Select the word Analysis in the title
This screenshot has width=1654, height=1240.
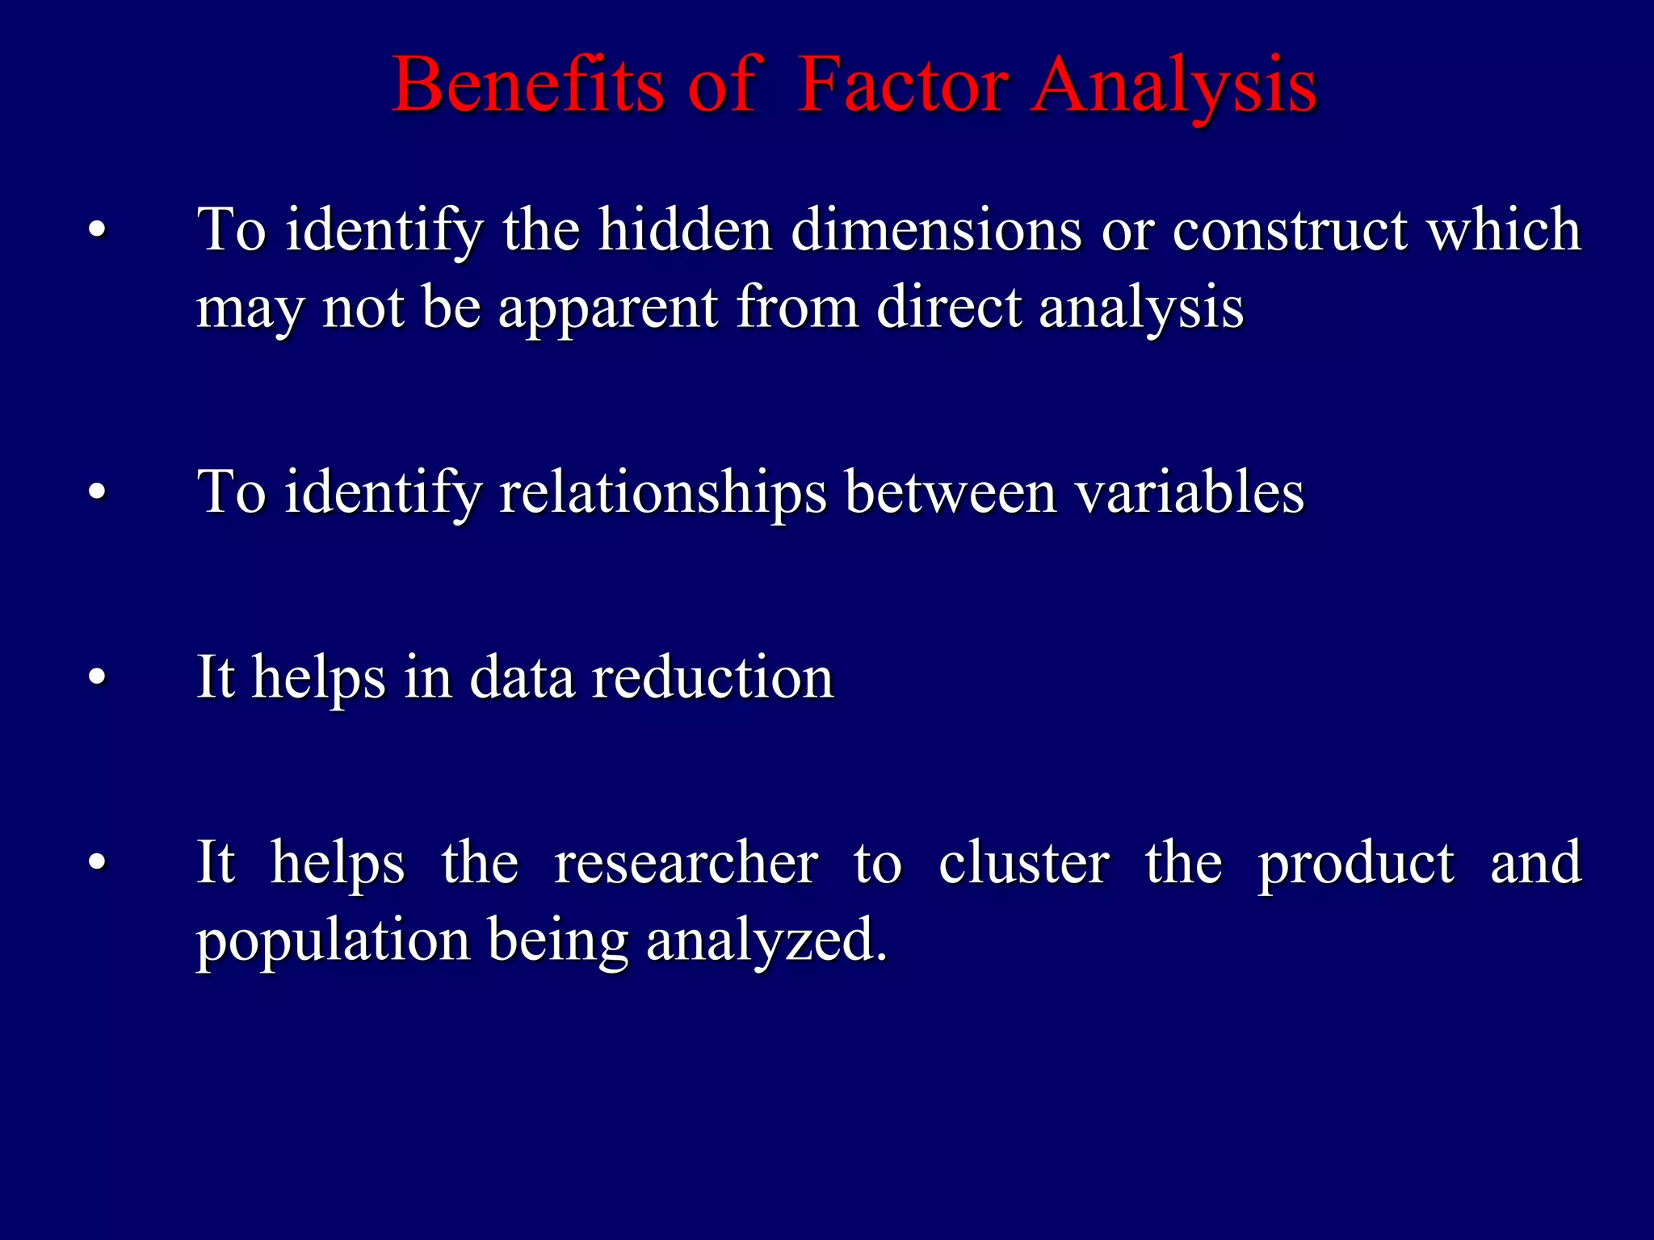[x=1174, y=87]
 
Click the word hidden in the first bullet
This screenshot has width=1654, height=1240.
[x=685, y=230]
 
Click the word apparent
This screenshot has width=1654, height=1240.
[x=607, y=309]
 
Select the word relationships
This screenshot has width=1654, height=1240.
[x=662, y=492]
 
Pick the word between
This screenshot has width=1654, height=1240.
[x=950, y=492]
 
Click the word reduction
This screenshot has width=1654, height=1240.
[x=712, y=677]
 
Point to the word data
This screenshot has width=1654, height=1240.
[x=522, y=677]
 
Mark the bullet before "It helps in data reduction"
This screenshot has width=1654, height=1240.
[x=97, y=677]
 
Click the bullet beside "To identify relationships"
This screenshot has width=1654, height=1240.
[x=97, y=492]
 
